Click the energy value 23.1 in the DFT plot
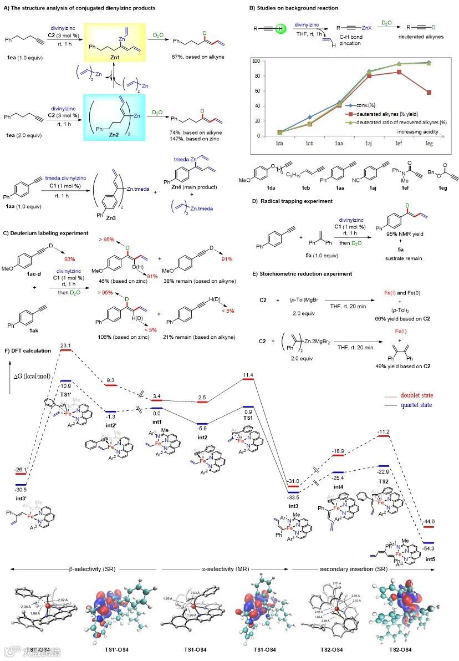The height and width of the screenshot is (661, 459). point(67,346)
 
